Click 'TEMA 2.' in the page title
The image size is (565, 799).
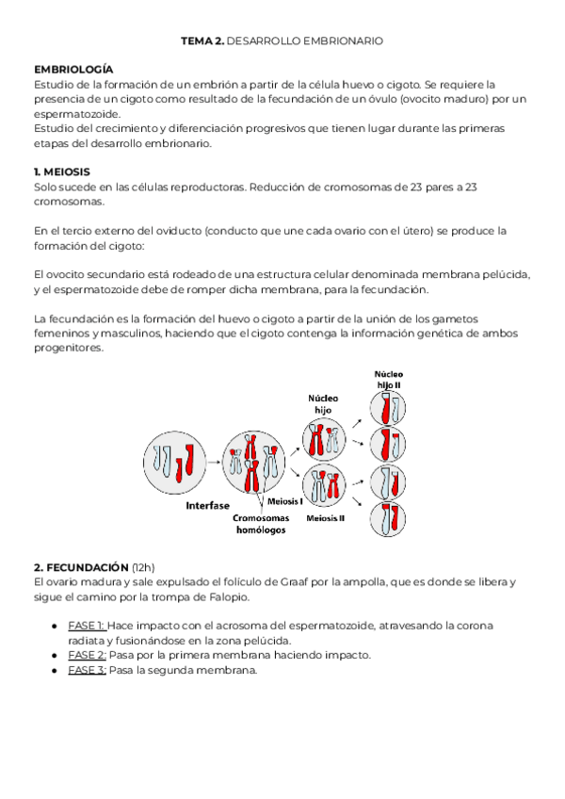(202, 42)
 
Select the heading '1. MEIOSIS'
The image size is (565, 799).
(62, 172)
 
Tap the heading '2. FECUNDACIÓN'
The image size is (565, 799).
(81, 568)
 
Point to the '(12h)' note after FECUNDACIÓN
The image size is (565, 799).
(143, 568)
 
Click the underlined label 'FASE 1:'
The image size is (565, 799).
(87, 626)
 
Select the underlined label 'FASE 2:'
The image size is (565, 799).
(88, 655)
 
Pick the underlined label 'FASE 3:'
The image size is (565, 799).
(88, 670)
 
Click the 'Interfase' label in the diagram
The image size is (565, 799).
(207, 505)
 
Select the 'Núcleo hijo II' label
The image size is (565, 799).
(388, 381)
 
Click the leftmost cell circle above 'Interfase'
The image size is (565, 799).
(177, 459)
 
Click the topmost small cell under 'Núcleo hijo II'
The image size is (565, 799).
(387, 407)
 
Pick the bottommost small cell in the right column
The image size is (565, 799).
(387, 519)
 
